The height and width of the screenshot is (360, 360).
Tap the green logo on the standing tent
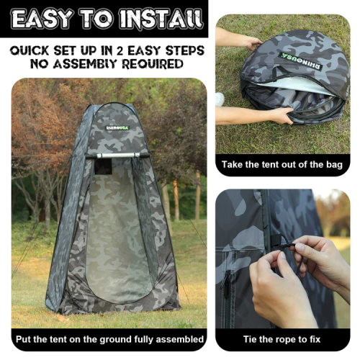[x=117, y=127]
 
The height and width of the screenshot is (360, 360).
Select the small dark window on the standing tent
[x=103, y=166]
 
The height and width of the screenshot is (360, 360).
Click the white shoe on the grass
[x=220, y=99]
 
